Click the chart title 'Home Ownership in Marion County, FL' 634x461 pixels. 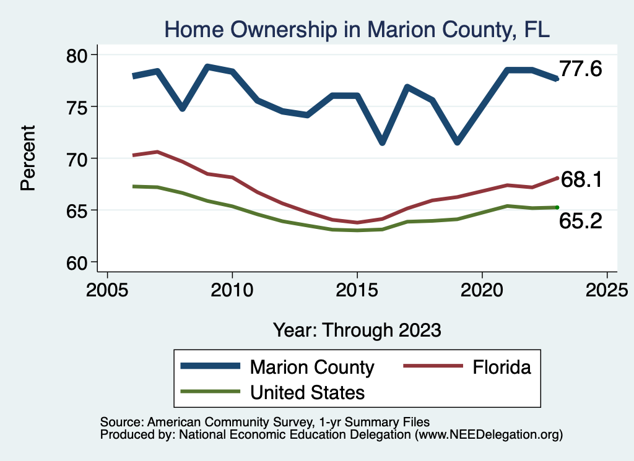click(357, 30)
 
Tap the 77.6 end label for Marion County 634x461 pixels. click(580, 69)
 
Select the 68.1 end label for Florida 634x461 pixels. click(581, 179)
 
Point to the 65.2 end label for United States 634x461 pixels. click(580, 221)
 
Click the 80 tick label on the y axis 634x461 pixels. click(77, 55)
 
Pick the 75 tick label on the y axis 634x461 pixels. click(77, 106)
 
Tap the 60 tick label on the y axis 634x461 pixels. click(77, 262)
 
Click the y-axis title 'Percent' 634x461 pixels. click(28, 158)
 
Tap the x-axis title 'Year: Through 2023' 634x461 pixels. click(357, 330)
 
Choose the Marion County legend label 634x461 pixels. click(312, 367)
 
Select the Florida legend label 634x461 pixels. click(502, 367)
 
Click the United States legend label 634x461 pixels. click(307, 392)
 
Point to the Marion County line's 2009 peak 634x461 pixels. click(207, 67)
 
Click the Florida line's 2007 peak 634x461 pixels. click(157, 152)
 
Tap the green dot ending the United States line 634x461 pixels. click(557, 207)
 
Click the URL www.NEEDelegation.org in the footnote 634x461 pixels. click(489, 434)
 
